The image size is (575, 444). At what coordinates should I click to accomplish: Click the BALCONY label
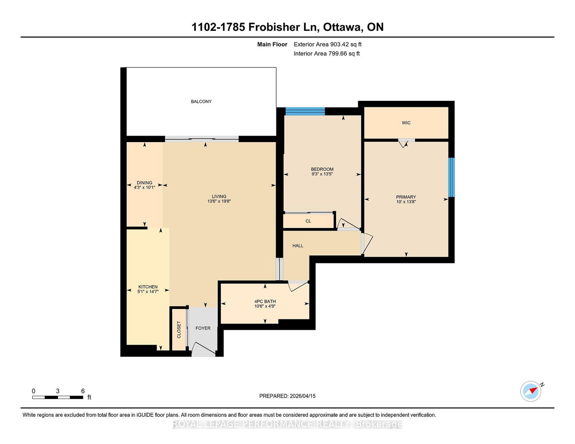[201, 102]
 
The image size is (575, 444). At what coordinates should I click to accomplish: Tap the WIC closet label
[406, 123]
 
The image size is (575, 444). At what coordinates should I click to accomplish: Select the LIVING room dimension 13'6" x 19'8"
[219, 201]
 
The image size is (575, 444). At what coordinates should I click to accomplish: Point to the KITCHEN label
[148, 287]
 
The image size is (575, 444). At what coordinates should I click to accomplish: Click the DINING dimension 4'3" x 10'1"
[144, 187]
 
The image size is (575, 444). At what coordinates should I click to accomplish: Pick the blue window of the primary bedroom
[451, 177]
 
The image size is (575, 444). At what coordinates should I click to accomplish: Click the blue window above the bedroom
[305, 111]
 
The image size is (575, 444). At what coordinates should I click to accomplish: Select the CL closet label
[308, 221]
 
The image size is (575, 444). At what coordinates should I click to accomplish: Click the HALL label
[298, 246]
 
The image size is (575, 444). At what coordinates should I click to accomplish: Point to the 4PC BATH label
[265, 301]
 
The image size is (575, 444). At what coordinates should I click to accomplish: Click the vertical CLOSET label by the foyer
[179, 330]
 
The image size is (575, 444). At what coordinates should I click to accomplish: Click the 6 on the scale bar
[83, 391]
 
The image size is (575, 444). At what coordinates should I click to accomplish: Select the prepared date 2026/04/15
[303, 396]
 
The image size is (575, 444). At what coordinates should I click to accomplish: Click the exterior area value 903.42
[340, 45]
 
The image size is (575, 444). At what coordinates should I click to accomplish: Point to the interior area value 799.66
[338, 53]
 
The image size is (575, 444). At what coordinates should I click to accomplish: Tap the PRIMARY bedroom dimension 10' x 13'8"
[406, 202]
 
